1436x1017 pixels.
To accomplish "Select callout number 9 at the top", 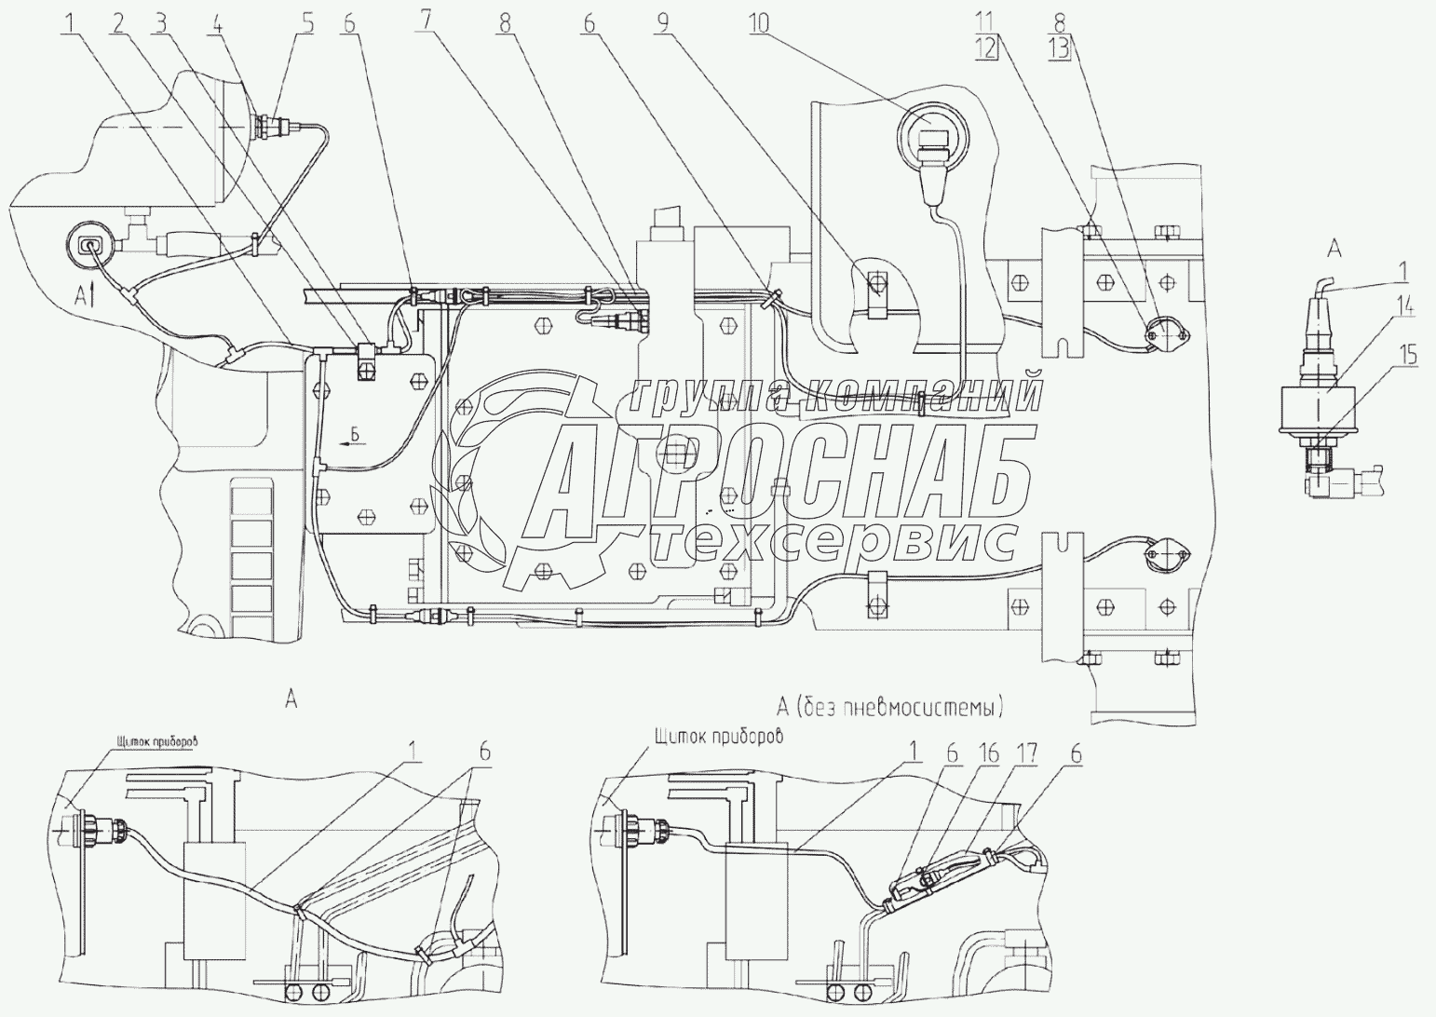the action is [663, 24].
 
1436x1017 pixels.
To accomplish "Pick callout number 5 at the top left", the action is [308, 23].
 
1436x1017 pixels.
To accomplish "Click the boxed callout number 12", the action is [986, 48].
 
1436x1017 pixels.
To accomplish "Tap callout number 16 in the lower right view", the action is [988, 754].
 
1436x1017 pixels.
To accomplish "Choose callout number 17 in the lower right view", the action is [1027, 754].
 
